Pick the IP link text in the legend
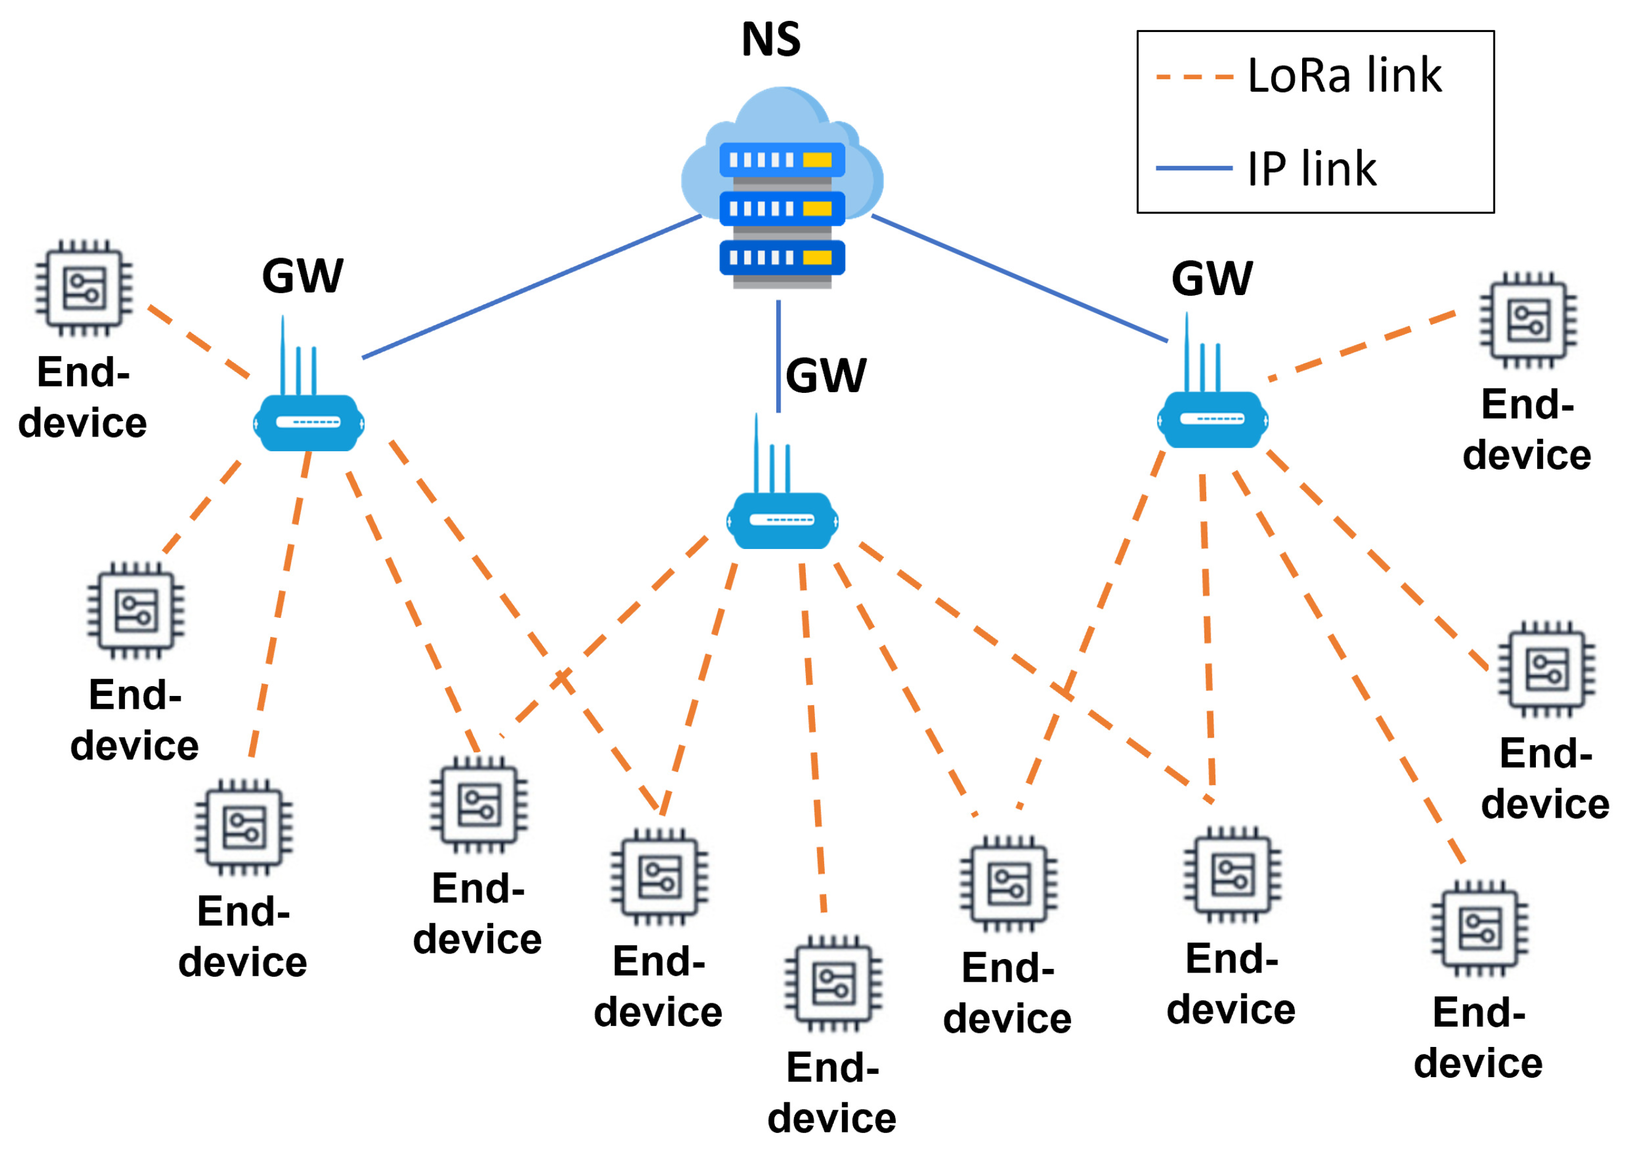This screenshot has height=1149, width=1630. click(1311, 169)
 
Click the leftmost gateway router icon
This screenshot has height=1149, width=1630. click(309, 423)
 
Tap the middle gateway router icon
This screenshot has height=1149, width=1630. click(782, 521)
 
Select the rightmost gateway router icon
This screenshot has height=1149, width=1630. click(1212, 419)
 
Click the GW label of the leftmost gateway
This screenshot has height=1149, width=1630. click(303, 275)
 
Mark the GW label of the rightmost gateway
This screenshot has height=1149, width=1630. click(1212, 278)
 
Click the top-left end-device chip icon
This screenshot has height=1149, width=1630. click(84, 288)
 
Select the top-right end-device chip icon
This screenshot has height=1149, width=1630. click(1528, 321)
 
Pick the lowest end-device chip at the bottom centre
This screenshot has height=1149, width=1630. click(833, 984)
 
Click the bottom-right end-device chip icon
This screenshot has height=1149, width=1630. click(1479, 928)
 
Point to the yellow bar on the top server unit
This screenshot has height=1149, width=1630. click(816, 160)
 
